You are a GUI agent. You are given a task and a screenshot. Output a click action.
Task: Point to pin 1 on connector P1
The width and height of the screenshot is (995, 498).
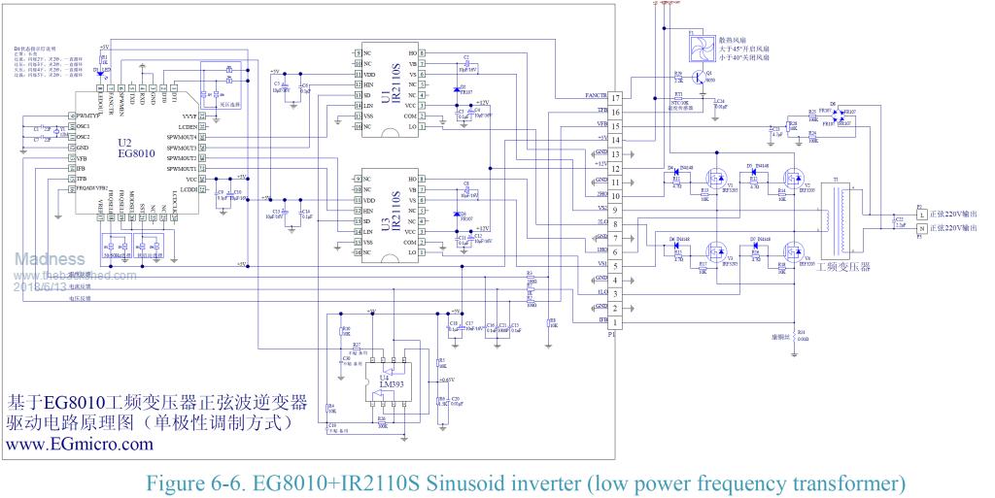coord(615,322)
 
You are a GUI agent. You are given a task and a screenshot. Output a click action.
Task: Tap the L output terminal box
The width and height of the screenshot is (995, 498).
coord(920,213)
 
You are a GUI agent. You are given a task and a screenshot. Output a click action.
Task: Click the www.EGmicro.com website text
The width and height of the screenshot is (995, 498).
coord(80,444)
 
